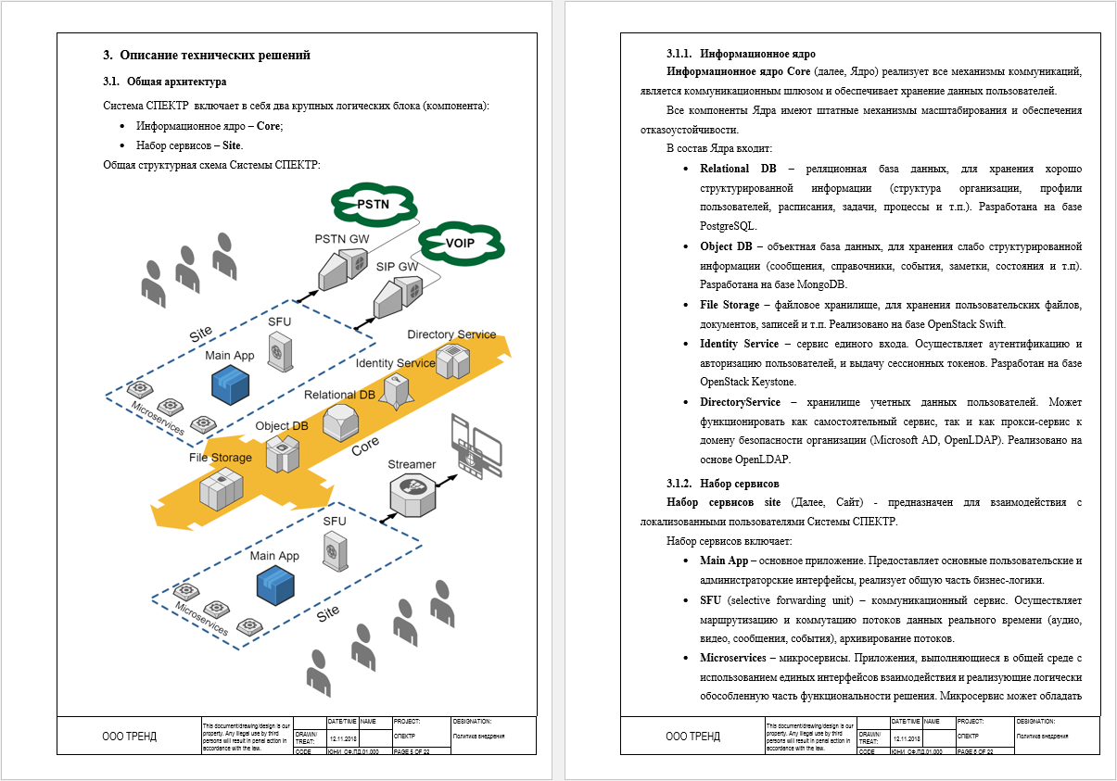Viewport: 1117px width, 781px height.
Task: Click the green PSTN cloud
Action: [x=372, y=204]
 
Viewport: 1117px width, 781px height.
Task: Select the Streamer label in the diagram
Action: [x=412, y=463]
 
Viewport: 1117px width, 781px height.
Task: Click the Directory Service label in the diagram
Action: [x=451, y=334]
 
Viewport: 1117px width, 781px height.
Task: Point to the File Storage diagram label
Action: [x=220, y=458]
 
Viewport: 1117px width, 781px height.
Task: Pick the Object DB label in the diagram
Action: [x=282, y=427]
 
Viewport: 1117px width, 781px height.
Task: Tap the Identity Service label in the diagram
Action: [x=395, y=363]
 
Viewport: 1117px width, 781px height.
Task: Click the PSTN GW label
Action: [x=342, y=240]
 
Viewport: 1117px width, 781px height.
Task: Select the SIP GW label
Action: [x=397, y=267]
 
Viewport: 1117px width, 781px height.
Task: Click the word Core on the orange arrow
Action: [x=365, y=445]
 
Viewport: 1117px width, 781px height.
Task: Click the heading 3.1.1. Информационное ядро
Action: [x=741, y=54]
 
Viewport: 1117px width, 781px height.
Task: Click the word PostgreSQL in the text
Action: [x=729, y=226]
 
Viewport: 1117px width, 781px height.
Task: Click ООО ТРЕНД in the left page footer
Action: [x=129, y=737]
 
